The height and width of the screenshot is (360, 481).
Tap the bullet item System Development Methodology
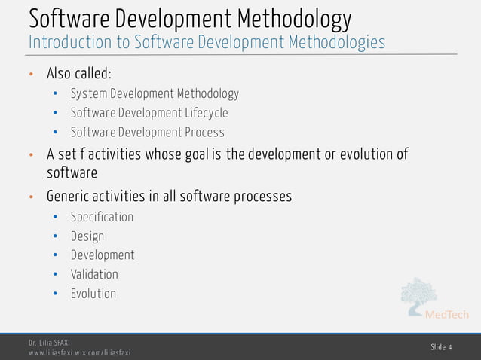[x=155, y=94]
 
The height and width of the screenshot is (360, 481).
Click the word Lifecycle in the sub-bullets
[x=203, y=113]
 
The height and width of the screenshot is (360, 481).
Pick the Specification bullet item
[x=102, y=217]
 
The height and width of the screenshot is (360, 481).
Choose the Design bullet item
[x=87, y=236]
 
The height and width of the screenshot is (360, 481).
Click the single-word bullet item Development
[x=103, y=255]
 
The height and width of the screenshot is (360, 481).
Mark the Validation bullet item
[x=94, y=274]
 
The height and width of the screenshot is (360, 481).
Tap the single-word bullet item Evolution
[x=93, y=294]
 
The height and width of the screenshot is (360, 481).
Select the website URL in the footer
[x=80, y=352]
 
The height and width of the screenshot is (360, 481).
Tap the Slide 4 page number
[x=441, y=347]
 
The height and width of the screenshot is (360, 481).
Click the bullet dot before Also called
[x=32, y=75]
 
